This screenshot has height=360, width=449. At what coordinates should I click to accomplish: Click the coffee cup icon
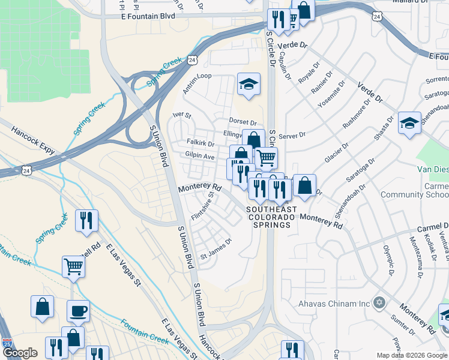(x=78, y=311)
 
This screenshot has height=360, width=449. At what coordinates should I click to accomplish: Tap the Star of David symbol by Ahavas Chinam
(x=378, y=303)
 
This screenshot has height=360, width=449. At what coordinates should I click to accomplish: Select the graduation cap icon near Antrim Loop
(x=248, y=85)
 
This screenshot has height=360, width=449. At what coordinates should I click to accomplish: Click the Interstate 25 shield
(x=7, y=344)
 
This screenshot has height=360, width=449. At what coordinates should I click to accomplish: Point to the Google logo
(x=20, y=353)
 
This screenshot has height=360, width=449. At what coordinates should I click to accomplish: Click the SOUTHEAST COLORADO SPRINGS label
(x=270, y=217)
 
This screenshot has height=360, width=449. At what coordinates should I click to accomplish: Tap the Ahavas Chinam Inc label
(x=334, y=304)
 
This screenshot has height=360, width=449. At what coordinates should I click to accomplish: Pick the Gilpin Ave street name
(x=200, y=156)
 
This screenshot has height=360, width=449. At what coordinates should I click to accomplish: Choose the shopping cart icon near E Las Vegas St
(x=73, y=266)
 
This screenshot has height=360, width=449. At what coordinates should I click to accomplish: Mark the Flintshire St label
(x=202, y=206)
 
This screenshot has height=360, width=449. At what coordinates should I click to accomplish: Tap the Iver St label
(x=181, y=115)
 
